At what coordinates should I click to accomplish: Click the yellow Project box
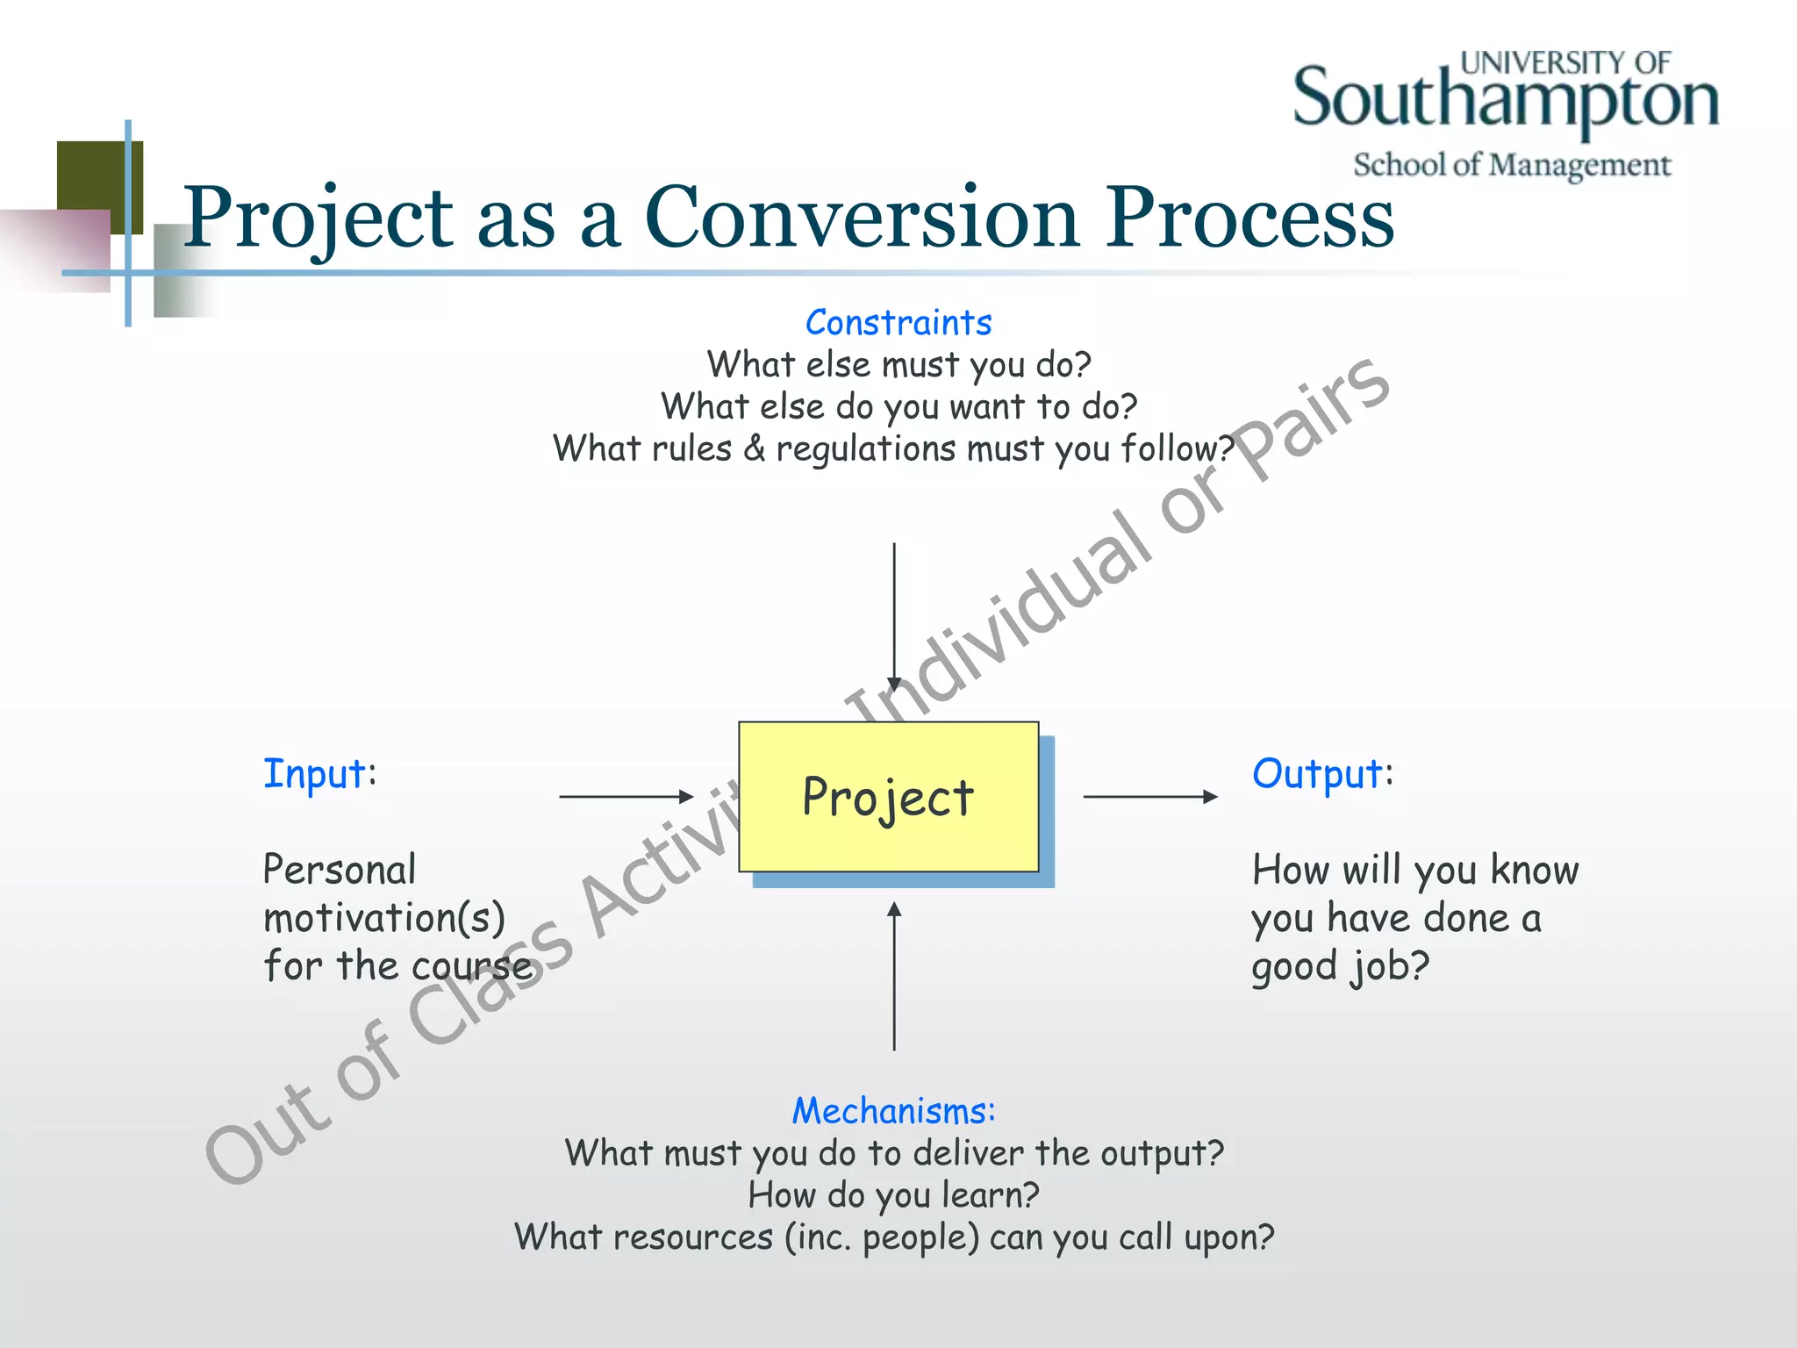click(888, 797)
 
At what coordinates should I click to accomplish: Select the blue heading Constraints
click(898, 323)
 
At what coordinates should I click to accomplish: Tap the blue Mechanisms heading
click(893, 1111)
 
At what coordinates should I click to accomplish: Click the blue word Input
click(315, 774)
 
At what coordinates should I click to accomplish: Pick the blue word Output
click(1317, 774)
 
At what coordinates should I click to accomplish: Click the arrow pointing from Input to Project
click(626, 797)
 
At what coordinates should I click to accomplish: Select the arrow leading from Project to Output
click(1150, 797)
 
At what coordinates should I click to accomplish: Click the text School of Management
click(1511, 165)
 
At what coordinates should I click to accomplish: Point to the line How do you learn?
click(893, 1195)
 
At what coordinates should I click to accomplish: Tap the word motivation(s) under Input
click(384, 918)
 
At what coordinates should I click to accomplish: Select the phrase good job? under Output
click(1340, 966)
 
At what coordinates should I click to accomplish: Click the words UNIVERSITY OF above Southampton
click(1564, 63)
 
